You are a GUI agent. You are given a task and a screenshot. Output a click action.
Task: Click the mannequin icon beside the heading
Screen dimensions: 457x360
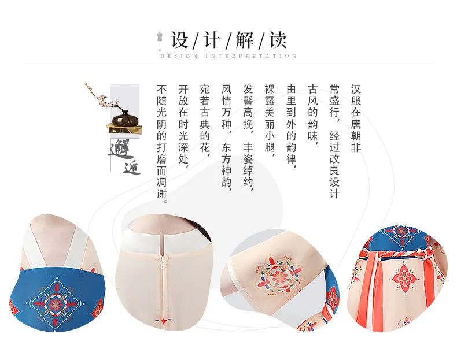[160, 41]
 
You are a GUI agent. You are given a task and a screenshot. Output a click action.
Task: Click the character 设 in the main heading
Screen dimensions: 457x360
[179, 40]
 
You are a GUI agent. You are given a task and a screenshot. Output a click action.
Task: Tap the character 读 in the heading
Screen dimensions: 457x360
[278, 40]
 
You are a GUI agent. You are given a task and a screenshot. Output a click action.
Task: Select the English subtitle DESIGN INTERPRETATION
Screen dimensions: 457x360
[228, 56]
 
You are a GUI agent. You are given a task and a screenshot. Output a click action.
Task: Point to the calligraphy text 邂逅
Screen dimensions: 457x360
[125, 156]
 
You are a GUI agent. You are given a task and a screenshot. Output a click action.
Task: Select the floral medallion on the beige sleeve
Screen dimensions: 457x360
[278, 276]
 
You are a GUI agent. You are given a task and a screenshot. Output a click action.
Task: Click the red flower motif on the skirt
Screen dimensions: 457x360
[404, 279]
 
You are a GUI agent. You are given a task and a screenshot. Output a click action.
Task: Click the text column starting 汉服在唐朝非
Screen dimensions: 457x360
[356, 118]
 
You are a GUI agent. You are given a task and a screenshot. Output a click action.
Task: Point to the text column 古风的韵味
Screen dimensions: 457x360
[313, 113]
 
